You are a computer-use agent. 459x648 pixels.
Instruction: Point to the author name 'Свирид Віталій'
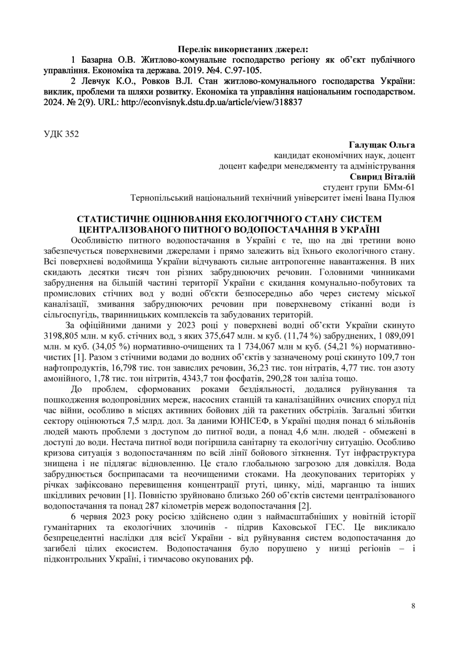coord(386,177)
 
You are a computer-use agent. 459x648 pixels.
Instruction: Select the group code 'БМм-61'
coord(400,187)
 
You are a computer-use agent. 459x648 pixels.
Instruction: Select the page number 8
coord(413,606)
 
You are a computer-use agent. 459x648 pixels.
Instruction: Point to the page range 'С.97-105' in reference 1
coord(245,70)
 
